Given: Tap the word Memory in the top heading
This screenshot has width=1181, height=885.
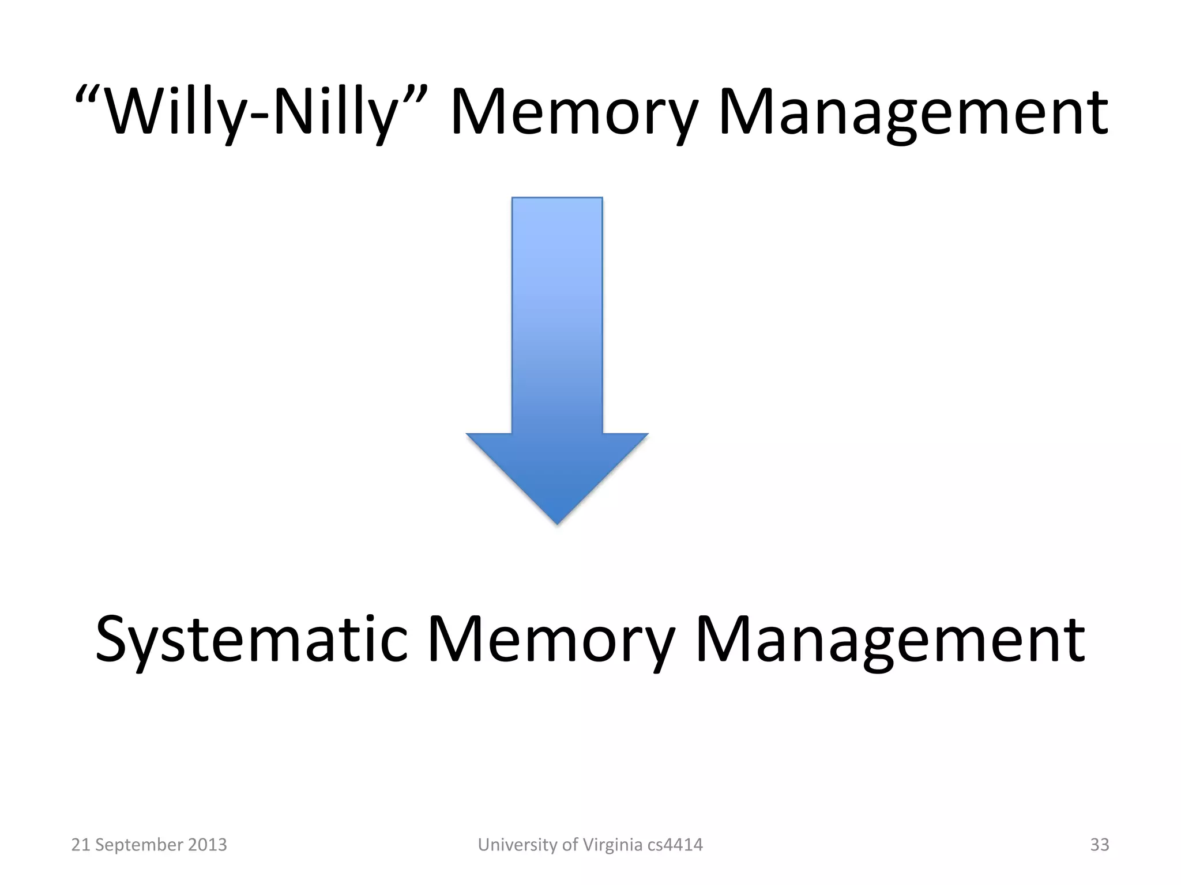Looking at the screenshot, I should tap(574, 112).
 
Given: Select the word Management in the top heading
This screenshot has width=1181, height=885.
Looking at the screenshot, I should tap(912, 112).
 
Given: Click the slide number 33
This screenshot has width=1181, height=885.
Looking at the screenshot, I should tap(1099, 845).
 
